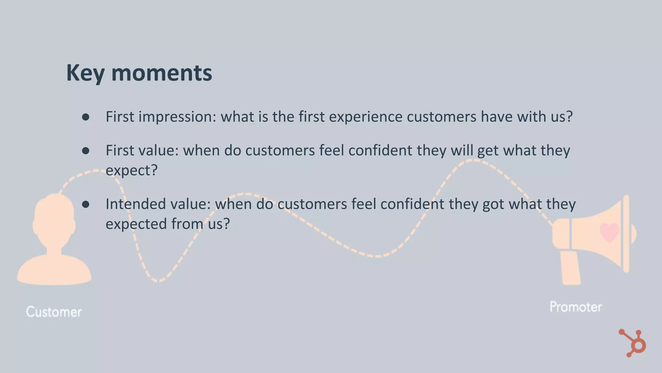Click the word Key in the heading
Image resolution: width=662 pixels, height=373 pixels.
coord(85,73)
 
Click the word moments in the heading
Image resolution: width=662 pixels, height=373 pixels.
coord(162,73)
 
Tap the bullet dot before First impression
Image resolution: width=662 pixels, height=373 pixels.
coord(86,117)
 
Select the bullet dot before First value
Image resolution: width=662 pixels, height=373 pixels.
coord(86,151)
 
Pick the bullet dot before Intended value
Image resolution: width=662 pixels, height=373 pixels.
coord(86,204)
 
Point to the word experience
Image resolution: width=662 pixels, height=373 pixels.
coord(366,117)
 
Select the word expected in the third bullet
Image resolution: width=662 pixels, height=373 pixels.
coord(136,224)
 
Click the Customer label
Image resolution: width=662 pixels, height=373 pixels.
coord(54,312)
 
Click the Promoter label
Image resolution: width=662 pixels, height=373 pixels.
coord(576,307)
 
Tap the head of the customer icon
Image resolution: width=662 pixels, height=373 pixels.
coord(54,220)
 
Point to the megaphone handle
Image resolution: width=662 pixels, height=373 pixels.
coord(571,268)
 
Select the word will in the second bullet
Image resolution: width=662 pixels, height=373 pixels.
coord(462,151)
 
